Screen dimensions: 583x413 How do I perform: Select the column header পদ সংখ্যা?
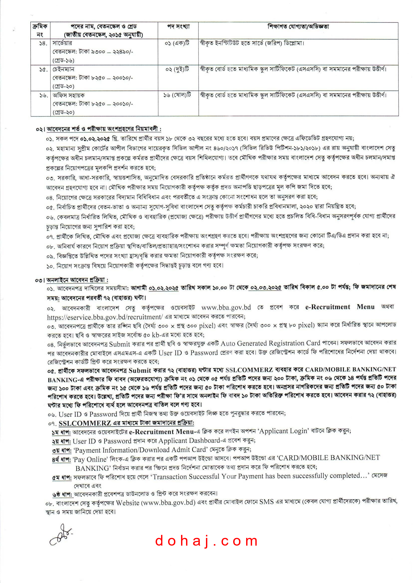(x=178, y=26)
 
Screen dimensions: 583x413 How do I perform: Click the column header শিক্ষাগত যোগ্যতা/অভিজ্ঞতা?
(x=298, y=26)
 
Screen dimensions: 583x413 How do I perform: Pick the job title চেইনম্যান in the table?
(x=63, y=69)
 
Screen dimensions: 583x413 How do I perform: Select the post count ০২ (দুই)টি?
(x=177, y=69)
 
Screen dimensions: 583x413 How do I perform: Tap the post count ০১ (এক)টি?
(x=177, y=43)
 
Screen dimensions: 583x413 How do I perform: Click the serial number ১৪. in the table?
(x=43, y=43)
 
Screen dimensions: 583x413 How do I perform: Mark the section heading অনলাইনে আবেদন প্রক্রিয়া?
(x=77, y=280)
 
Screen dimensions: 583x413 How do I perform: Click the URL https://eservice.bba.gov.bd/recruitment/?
(x=104, y=317)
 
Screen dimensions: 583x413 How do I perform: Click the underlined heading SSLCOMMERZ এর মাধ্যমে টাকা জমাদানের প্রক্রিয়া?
(x=126, y=423)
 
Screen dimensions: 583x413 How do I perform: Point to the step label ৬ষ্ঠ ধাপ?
(x=62, y=495)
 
